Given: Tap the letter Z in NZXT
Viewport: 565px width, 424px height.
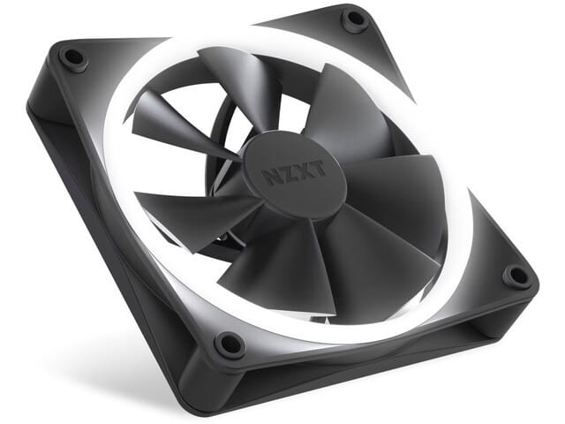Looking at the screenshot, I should [x=284, y=173].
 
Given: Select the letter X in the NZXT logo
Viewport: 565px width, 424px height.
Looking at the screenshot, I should [x=300, y=171].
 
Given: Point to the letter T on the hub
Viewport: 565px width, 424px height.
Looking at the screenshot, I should [x=316, y=170].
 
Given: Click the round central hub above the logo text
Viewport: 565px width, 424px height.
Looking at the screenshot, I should [x=291, y=150].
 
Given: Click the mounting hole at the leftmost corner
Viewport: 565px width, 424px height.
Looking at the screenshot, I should [x=72, y=59].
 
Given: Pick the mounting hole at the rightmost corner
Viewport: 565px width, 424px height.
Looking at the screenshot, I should [x=516, y=276].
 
